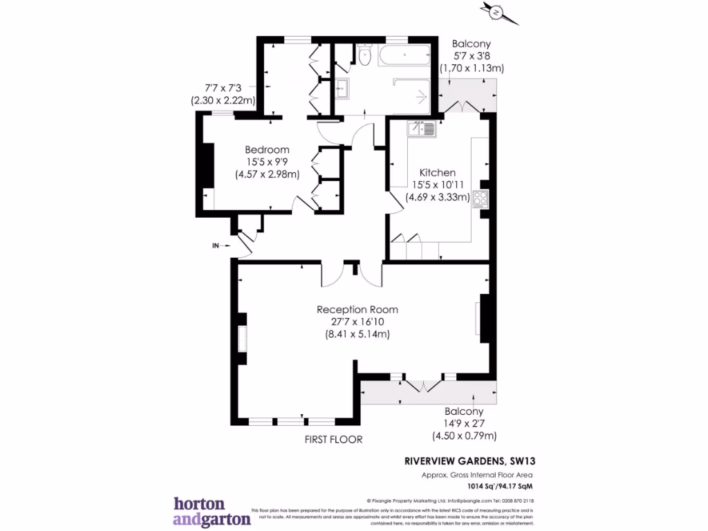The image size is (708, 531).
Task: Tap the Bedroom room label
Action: [267, 149]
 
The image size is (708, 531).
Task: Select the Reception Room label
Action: [357, 309]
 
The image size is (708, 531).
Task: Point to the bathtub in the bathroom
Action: [404, 56]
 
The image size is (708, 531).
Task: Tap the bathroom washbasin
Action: [341, 88]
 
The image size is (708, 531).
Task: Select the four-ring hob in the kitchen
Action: [480, 200]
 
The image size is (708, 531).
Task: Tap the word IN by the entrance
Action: [216, 245]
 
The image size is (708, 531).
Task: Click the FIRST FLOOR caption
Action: [333, 439]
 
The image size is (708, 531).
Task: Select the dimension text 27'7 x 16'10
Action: [357, 322]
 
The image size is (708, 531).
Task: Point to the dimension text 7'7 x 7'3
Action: [223, 88]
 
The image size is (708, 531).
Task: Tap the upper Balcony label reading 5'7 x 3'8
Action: [472, 55]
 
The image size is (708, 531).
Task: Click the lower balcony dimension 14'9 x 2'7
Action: [464, 423]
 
